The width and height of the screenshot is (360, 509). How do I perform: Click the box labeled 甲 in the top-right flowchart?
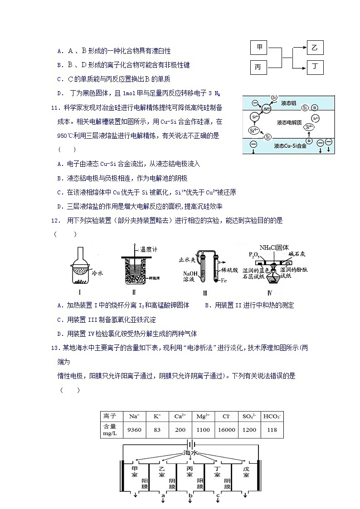pos(259,48)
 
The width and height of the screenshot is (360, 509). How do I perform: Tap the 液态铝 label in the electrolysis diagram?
pos(288,103)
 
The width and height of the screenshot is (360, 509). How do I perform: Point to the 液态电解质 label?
pos(289,122)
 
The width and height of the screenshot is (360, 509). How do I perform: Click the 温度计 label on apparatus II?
pos(149,249)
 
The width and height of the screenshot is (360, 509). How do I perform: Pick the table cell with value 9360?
pos(134,430)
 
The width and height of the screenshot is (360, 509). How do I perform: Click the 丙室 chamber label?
pos(190,472)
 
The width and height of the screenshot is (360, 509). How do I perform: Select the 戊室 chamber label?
pos(246,472)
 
